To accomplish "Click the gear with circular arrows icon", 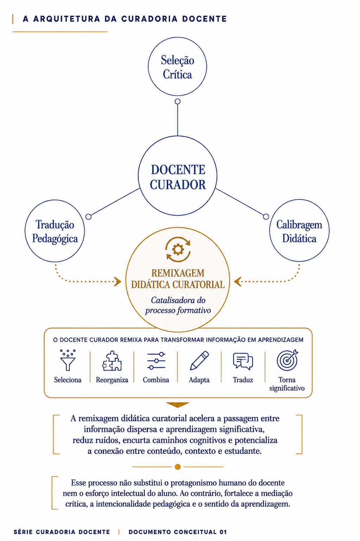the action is pos(178,250).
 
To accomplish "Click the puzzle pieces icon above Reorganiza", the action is pos(112,360).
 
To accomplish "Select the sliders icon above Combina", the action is pos(156,361).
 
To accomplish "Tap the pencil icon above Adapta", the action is pos(199,360).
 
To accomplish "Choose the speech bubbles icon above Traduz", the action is pos(243,361).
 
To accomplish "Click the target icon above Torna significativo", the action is pos(287,360).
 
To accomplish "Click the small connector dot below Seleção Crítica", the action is pos(177,101).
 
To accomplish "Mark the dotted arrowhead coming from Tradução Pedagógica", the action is pos(118,282).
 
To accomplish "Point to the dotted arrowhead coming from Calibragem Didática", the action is pos(238,282).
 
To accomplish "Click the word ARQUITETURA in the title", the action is pos(67,19).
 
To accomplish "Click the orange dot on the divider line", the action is pos(177,467).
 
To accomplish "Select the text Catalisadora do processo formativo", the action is pos(178,305).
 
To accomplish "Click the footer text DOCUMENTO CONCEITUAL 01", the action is pos(178,532).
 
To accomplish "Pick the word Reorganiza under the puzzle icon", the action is pos(112,380).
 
